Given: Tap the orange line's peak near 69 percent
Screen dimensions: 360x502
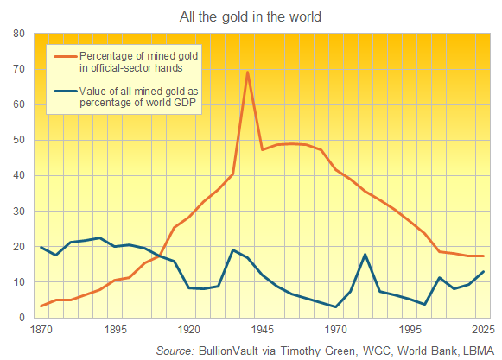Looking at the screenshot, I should click(248, 72).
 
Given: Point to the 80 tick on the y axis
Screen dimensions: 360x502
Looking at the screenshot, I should click(18, 34).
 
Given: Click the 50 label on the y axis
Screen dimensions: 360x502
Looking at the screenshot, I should click(18, 140).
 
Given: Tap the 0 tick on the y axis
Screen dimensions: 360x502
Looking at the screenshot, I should click(22, 318).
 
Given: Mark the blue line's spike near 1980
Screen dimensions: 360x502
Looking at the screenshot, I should click(365, 254).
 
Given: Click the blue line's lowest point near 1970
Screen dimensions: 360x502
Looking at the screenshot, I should click(336, 306).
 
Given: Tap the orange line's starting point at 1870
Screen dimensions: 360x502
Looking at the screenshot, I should click(41, 306).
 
